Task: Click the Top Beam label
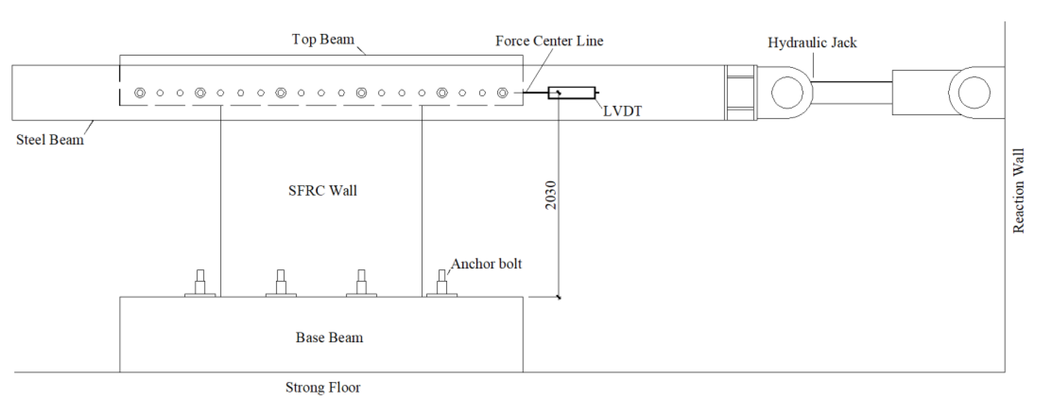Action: point(323,40)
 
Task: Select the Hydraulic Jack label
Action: point(812,43)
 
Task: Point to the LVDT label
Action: point(622,111)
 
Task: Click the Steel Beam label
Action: point(50,140)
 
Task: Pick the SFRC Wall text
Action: point(323,191)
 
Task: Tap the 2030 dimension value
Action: point(551,195)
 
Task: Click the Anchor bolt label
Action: point(486,264)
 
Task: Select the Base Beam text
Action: point(329,337)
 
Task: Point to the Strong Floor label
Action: point(323,387)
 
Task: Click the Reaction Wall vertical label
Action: point(1019,191)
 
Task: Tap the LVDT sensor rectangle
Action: point(571,93)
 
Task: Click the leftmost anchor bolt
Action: point(200,283)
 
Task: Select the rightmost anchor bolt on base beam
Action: point(442,283)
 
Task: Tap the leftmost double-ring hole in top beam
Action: point(139,93)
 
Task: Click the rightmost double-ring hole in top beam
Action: point(502,93)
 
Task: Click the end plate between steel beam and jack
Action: point(740,93)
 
